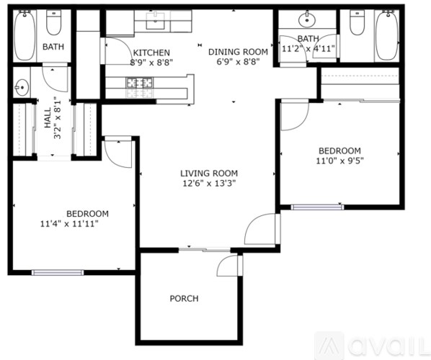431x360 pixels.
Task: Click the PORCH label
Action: pos(184,298)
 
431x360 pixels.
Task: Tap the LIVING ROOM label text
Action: pos(208,173)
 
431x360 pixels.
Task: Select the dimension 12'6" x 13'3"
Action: pos(208,183)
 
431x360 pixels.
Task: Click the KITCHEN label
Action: pos(151,53)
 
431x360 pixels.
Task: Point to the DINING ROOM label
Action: pos(238,52)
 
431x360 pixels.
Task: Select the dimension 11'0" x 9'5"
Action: pos(339,161)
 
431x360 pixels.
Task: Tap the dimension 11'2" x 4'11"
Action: pos(308,49)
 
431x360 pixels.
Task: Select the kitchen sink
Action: pos(156,21)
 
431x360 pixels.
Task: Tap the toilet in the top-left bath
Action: pos(54,24)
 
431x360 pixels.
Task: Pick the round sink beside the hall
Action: pos(20,88)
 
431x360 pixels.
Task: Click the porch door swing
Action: pos(228,266)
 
